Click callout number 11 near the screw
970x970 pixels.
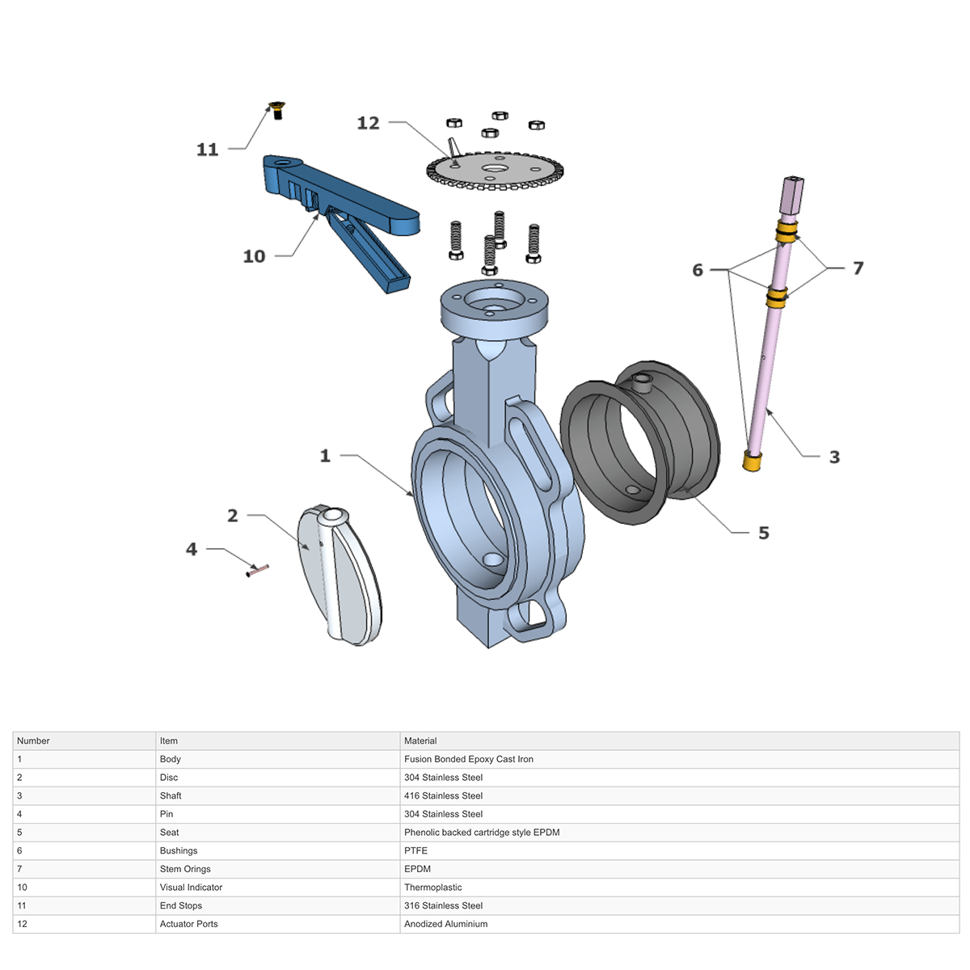point(208,150)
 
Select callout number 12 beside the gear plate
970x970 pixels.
point(368,123)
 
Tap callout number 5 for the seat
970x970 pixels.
point(763,533)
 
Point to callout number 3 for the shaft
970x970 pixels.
point(834,457)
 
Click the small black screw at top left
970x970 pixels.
point(277,110)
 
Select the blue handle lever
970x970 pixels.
point(356,202)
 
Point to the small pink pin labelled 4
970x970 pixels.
point(258,570)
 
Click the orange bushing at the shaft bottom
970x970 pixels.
point(752,462)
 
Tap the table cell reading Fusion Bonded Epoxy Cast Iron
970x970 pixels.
point(469,759)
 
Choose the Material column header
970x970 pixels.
point(420,740)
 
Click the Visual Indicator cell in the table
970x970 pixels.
point(191,888)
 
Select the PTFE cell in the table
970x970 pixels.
point(415,850)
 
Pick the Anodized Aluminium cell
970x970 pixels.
point(445,924)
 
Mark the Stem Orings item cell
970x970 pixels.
point(185,869)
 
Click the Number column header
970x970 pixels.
point(33,740)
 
